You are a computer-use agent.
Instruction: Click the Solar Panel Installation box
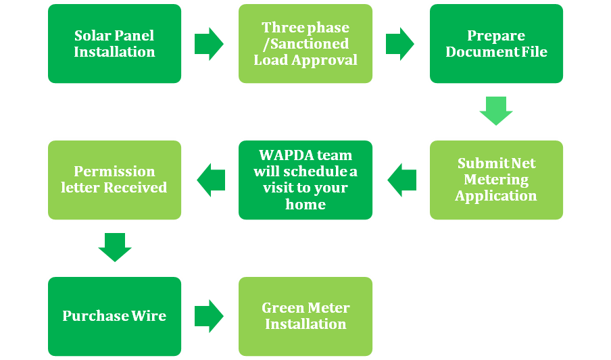click(x=114, y=44)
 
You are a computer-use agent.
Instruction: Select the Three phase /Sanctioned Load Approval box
click(x=305, y=44)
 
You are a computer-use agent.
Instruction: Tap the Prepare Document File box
click(x=496, y=44)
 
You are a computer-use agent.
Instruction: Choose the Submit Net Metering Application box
click(x=496, y=180)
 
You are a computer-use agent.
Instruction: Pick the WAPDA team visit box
click(x=305, y=180)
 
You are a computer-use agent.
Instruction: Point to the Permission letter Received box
click(x=114, y=180)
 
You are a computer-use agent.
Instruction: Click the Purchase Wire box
click(x=114, y=315)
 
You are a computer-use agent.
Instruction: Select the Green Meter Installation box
click(x=305, y=315)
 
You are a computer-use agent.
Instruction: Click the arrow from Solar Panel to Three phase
click(x=209, y=44)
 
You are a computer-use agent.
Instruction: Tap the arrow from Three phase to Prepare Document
click(x=400, y=44)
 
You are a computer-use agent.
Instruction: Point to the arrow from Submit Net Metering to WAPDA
click(x=401, y=180)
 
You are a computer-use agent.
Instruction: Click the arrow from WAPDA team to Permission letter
click(x=211, y=180)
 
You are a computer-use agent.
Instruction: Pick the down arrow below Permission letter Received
click(x=114, y=247)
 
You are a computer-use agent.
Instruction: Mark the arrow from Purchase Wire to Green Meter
click(x=209, y=315)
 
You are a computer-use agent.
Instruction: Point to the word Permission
click(x=114, y=172)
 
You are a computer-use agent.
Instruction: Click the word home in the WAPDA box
click(x=305, y=204)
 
